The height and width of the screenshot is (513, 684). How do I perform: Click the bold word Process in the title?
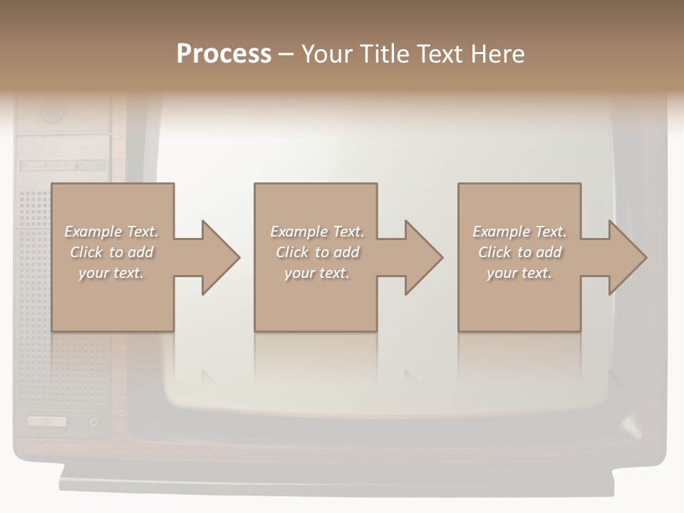[224, 54]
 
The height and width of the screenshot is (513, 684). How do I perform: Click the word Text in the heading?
[440, 54]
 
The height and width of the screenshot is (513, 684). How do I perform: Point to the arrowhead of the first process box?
[220, 257]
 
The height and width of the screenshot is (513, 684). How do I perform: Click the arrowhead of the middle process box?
[423, 257]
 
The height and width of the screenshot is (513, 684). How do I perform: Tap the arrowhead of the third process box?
[627, 257]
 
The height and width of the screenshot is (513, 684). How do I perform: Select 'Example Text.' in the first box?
[111, 232]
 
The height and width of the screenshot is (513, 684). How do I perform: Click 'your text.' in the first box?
[111, 273]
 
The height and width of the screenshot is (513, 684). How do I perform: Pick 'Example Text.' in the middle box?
[317, 232]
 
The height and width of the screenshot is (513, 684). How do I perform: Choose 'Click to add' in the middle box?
[317, 252]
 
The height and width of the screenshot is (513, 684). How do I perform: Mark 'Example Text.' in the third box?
[519, 232]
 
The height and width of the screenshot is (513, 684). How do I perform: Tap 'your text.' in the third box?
[519, 273]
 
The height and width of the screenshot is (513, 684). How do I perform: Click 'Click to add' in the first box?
[111, 252]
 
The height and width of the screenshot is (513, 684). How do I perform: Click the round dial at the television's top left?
[52, 111]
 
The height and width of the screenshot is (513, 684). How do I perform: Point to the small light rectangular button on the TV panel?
[47, 421]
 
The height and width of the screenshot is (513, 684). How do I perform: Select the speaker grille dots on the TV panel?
[33, 214]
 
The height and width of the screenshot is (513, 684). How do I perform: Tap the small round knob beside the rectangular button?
[94, 422]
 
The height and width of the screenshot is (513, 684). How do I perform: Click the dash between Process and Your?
[286, 55]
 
